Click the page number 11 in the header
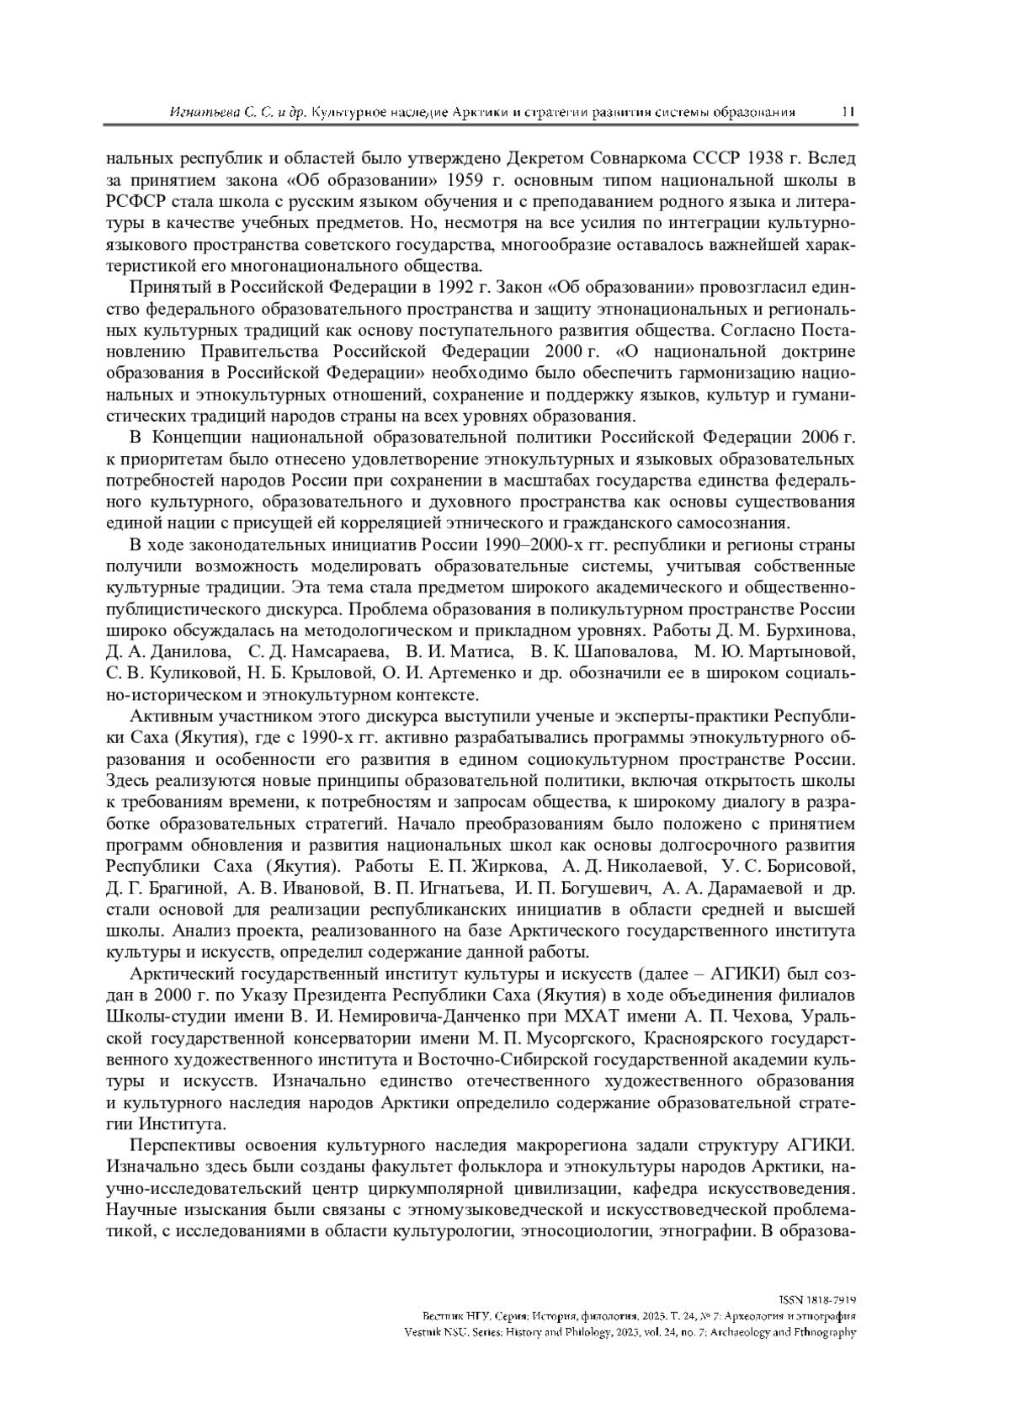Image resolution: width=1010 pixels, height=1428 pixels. pyautogui.click(x=848, y=112)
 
